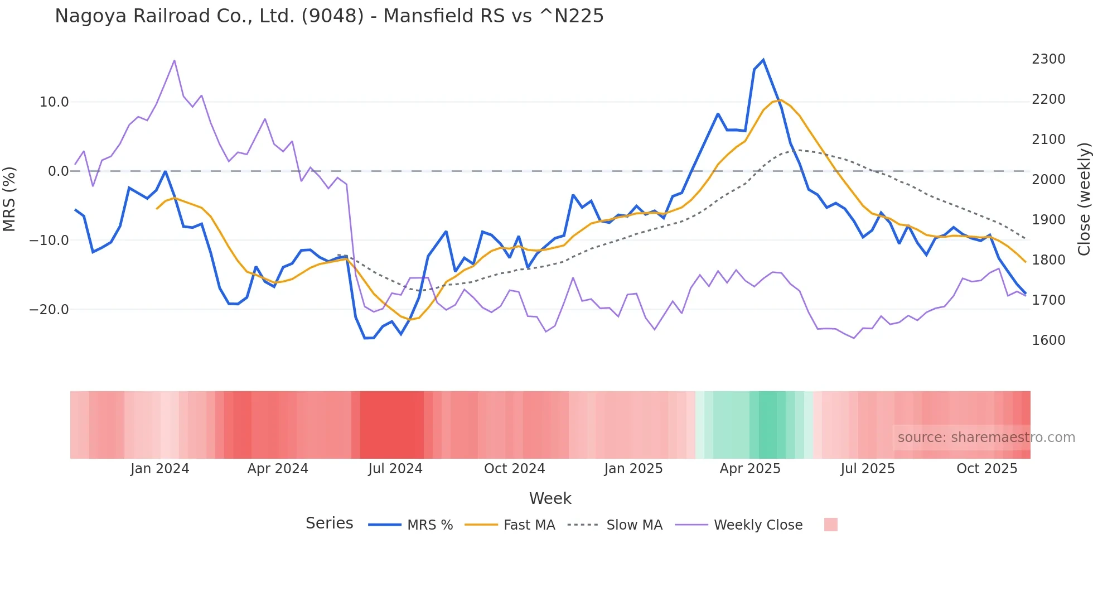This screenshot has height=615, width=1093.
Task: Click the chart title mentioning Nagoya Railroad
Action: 329,16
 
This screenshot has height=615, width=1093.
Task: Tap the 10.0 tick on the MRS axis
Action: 54,102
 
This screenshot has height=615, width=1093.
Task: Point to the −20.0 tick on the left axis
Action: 49,310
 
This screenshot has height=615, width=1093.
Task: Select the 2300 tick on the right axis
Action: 1048,59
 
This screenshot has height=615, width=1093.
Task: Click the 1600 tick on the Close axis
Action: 1048,340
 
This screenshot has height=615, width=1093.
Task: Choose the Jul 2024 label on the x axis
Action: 395,469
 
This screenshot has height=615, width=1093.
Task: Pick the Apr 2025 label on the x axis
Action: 750,469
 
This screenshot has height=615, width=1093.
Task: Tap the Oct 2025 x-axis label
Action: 986,469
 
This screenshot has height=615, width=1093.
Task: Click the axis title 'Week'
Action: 550,498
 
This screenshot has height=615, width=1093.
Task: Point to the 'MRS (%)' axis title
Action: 9,199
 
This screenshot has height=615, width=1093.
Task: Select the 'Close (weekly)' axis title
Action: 1084,199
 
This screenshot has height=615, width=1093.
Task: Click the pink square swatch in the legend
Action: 830,525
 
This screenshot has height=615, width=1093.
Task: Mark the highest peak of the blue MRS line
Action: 763,60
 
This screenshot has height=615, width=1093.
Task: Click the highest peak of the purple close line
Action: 175,60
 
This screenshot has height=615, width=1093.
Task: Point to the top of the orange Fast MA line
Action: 781,100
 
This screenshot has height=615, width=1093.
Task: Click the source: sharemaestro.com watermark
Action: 986,438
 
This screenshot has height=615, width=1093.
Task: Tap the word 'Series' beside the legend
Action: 329,523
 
